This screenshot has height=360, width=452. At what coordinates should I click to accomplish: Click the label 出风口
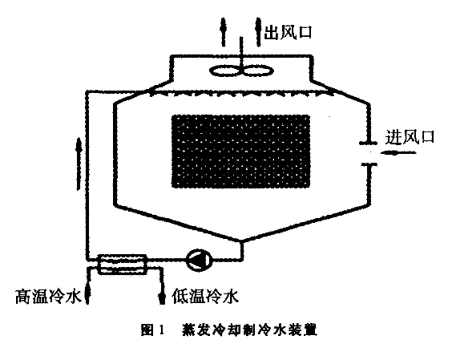coord(289,32)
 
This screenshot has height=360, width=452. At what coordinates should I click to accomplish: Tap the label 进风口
coord(410,137)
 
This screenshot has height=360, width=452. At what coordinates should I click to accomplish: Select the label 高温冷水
coord(48,296)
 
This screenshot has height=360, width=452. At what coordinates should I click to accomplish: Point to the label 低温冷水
coord(205,296)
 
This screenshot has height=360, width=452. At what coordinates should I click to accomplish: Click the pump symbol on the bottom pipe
coord(200,260)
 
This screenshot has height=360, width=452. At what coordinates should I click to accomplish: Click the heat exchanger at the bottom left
coord(123,263)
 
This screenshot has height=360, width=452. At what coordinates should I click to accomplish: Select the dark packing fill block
coord(240,152)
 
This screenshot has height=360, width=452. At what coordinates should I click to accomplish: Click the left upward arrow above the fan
coord(223,32)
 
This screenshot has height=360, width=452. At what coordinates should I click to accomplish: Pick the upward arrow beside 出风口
coord(258,32)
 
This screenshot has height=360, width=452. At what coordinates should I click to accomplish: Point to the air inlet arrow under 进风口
coord(398,153)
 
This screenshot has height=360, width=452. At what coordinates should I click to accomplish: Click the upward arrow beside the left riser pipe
coord(79,164)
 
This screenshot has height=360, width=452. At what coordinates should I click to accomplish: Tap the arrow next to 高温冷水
coord(87,295)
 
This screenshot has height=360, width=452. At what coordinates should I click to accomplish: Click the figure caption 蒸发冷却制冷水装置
coord(249,330)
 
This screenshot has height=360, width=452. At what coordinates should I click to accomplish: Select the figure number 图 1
coord(153,330)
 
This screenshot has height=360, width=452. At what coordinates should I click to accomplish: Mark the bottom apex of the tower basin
coord(241,241)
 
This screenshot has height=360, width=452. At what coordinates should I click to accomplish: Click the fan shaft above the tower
coord(241,51)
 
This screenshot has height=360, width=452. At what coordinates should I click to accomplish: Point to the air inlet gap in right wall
coord(369,153)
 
